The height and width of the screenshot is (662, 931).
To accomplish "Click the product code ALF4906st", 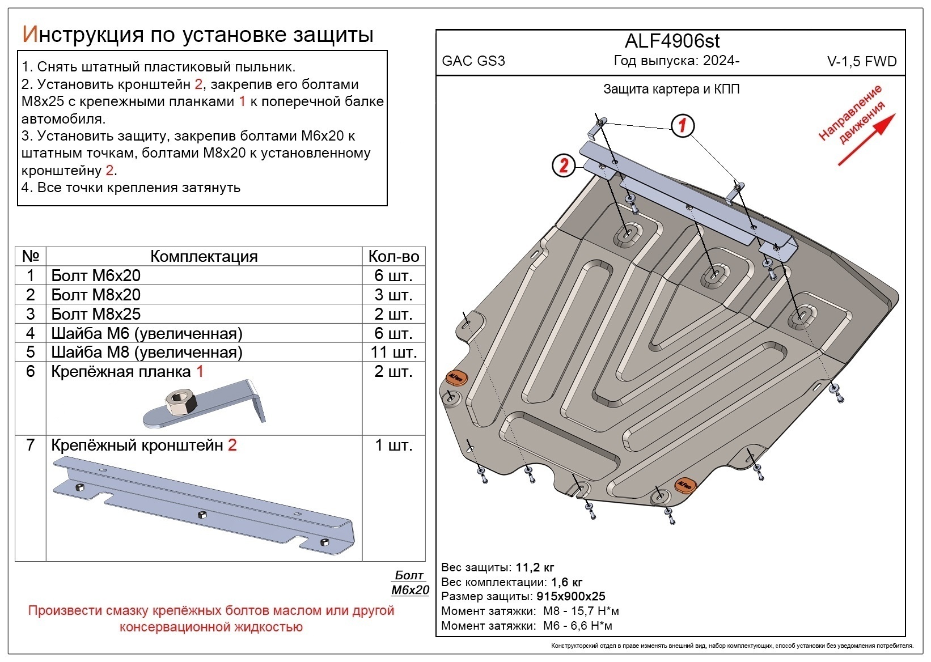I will tap(672, 41).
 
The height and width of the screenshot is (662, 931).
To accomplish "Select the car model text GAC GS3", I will tap(473, 61).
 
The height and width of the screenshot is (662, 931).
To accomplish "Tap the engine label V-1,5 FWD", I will tap(862, 62).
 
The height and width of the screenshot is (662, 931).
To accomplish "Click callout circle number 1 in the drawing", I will tap(683, 125).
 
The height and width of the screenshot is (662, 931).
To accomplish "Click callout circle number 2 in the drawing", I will tap(564, 165).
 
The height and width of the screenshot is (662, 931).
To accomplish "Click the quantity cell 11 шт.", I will tap(393, 352).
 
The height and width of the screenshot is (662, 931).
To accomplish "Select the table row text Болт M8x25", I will tap(96, 314).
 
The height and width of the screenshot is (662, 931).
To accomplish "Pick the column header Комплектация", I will tap(204, 256).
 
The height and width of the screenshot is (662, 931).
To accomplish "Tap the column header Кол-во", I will tap(393, 256).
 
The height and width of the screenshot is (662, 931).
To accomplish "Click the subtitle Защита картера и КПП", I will tap(671, 89).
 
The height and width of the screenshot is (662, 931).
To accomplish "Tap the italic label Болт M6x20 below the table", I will tap(410, 583).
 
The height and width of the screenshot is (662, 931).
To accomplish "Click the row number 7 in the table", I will tap(31, 445).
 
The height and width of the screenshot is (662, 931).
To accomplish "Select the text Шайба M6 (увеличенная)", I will tap(146, 333).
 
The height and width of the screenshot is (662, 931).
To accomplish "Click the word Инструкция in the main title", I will tap(82, 35).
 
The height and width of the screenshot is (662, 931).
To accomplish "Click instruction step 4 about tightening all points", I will tap(131, 188).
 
